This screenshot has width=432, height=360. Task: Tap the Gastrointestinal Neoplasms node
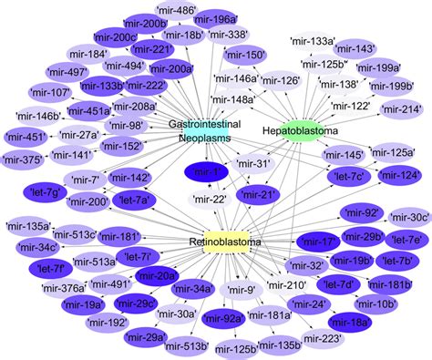[200, 131]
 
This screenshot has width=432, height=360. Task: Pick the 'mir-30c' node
[403, 219]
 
